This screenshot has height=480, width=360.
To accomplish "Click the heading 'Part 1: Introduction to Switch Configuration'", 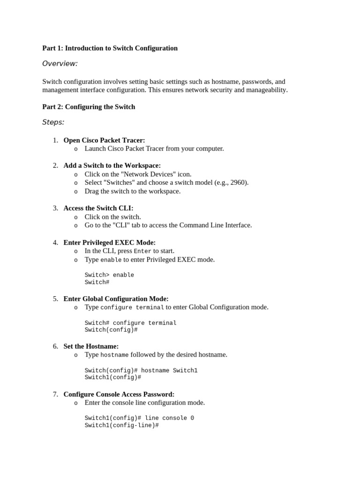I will click(x=110, y=48).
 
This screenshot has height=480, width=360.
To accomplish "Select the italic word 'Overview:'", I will click(x=60, y=64).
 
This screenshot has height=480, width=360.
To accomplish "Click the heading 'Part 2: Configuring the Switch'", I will click(x=89, y=107).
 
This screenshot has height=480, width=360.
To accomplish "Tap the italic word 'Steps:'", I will click(x=53, y=122).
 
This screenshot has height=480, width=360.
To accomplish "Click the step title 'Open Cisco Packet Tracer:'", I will click(x=104, y=140).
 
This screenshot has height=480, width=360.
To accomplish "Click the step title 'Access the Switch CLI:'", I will click(x=98, y=208).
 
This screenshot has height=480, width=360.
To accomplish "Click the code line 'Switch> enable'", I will click(x=109, y=275).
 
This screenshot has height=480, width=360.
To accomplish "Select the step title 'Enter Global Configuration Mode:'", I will click(x=116, y=299).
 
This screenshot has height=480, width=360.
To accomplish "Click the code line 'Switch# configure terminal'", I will click(x=130, y=323).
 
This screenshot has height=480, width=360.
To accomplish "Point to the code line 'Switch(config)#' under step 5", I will click(x=111, y=330).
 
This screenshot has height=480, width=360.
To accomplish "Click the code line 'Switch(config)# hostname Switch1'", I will click(x=141, y=371).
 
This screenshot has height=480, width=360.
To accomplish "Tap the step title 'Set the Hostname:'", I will click(x=91, y=346).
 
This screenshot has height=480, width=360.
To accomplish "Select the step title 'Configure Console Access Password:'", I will click(x=119, y=394).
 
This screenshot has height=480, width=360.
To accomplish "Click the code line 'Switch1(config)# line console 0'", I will click(x=139, y=418).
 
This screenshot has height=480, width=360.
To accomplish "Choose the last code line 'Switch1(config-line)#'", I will click(x=122, y=425).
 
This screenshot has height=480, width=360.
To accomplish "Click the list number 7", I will click(x=55, y=394).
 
